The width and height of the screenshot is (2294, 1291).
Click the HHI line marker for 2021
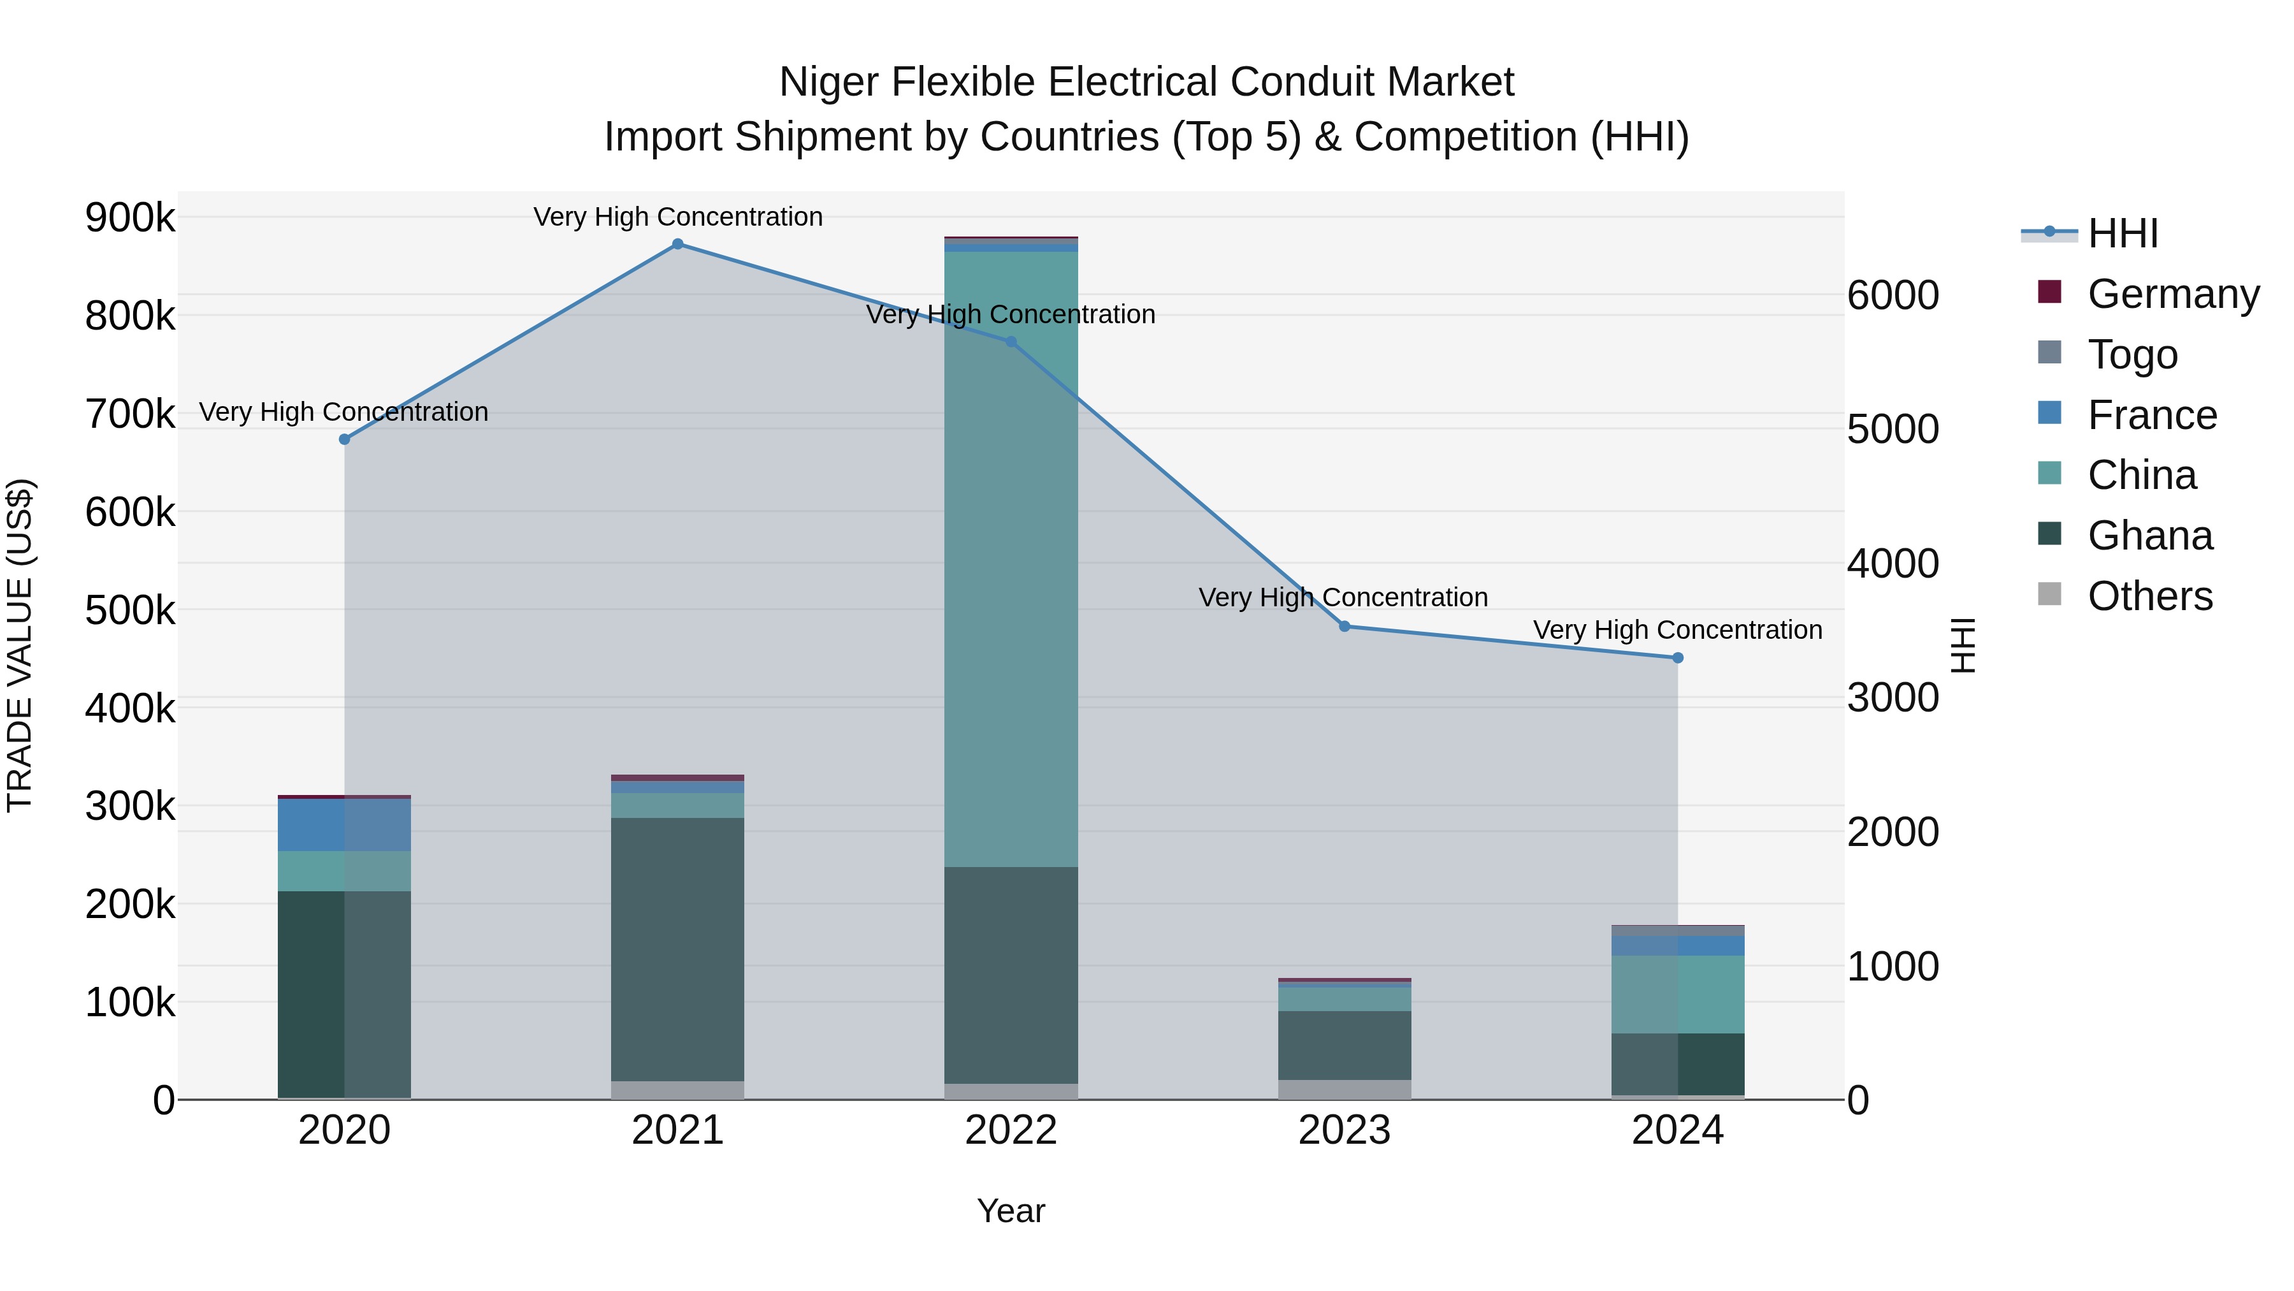(678, 244)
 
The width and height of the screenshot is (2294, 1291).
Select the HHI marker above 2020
(345, 439)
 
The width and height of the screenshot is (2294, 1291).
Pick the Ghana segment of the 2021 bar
(678, 949)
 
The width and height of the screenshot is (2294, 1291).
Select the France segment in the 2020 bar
(345, 825)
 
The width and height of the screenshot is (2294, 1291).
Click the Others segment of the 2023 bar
(1345, 1090)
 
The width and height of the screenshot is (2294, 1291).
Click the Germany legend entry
(2173, 294)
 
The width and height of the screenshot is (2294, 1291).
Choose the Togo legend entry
(2132, 354)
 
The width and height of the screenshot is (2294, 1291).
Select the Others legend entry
(2150, 596)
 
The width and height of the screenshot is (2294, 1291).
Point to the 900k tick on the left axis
(130, 217)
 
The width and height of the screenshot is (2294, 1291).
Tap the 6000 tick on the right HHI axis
(1893, 295)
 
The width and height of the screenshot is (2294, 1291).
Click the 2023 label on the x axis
(1344, 1130)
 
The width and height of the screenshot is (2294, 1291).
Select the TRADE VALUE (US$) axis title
(20, 645)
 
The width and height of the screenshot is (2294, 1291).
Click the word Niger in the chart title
(829, 82)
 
